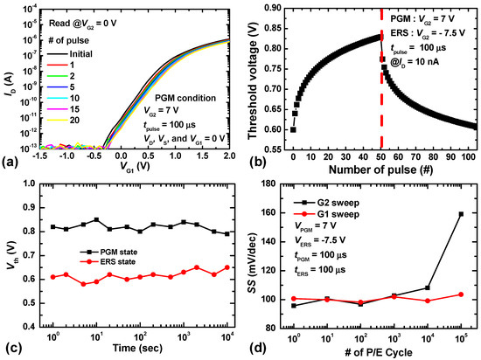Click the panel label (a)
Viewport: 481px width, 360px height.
tap(10, 162)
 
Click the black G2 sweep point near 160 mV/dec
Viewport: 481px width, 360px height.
tap(460, 213)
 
